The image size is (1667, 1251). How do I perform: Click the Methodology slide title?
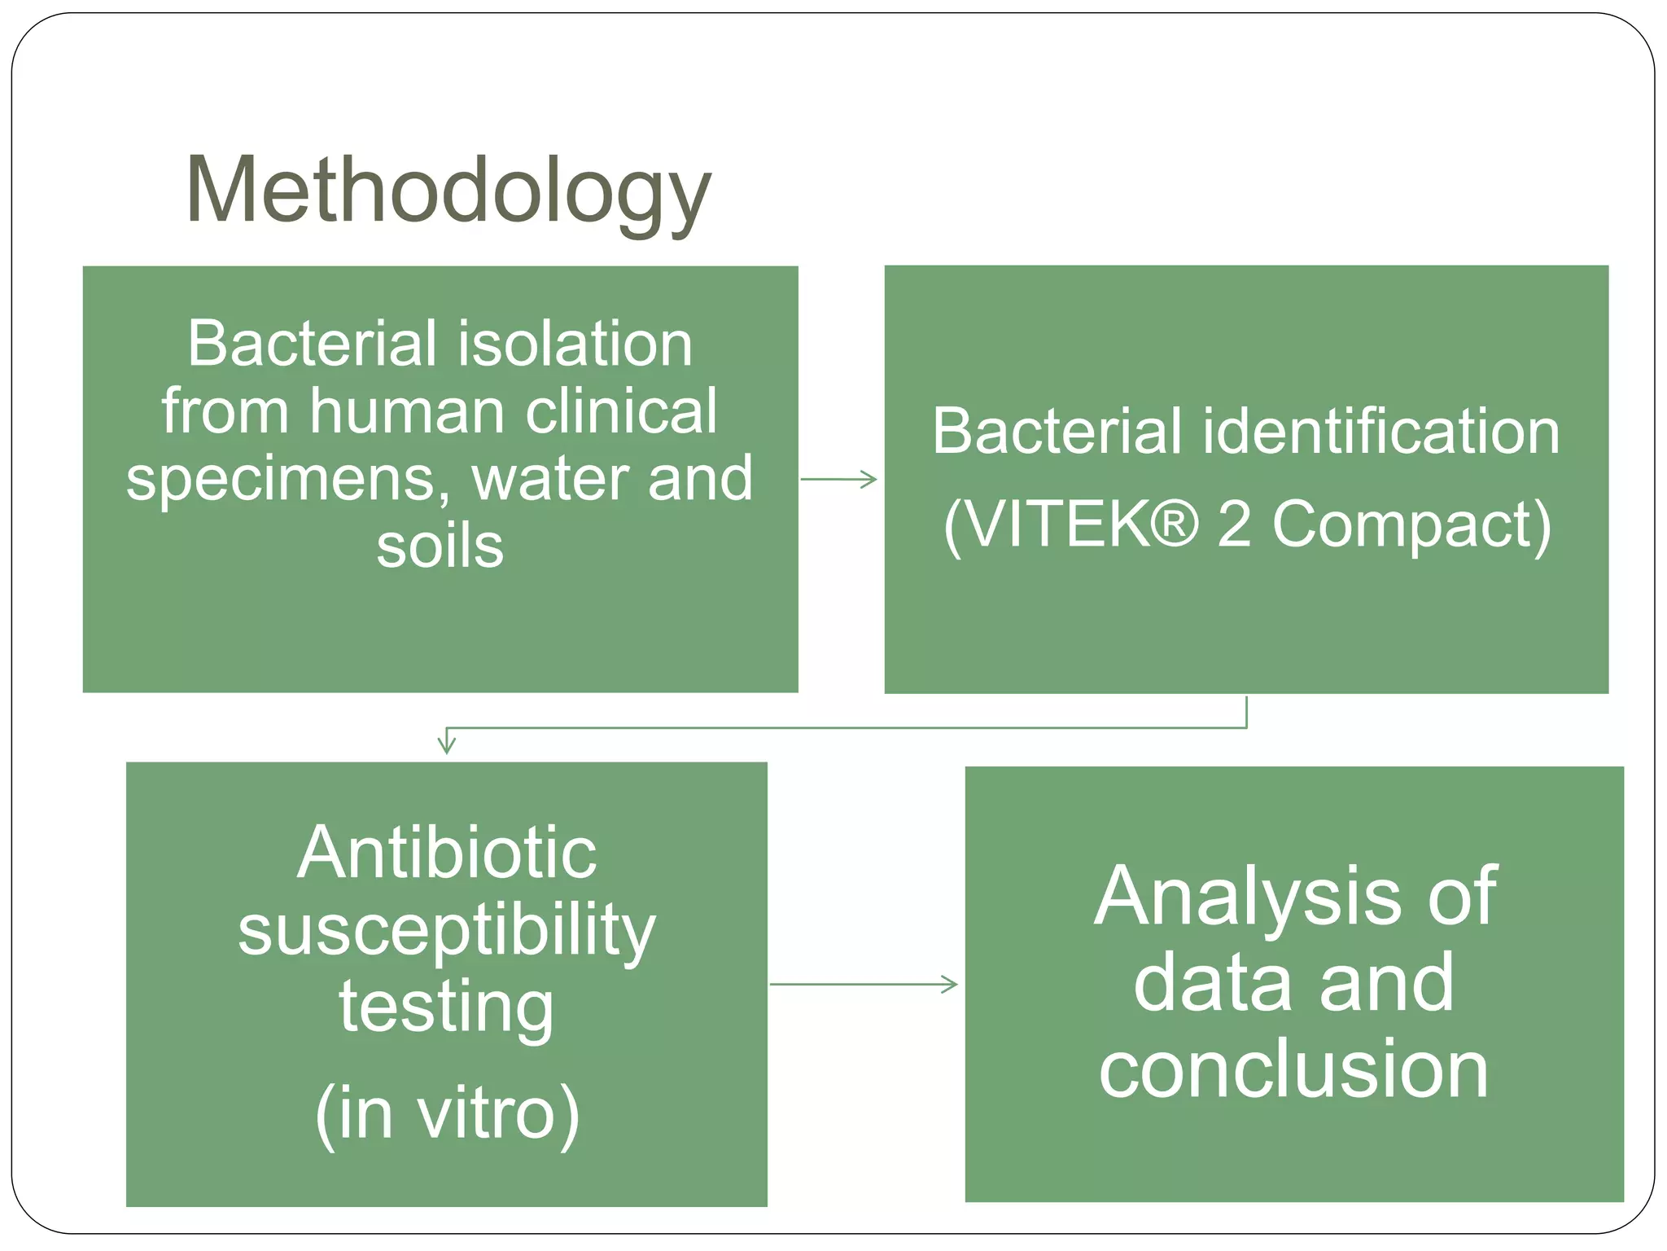(448, 192)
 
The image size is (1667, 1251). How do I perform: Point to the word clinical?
(621, 411)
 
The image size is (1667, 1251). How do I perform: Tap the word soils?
(440, 546)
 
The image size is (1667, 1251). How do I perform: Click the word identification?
(1381, 431)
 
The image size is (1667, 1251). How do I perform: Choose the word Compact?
(1411, 525)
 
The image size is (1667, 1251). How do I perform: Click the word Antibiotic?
(447, 853)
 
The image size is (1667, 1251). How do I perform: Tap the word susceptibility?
(447, 931)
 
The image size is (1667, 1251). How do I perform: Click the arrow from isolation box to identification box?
(839, 480)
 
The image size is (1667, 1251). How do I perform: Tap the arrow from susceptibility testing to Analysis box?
(864, 985)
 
